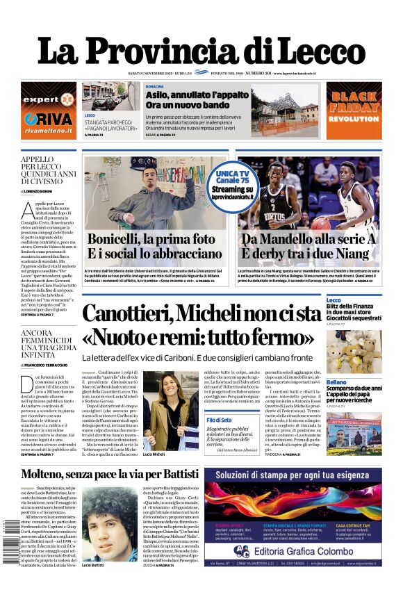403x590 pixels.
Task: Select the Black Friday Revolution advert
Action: (354, 110)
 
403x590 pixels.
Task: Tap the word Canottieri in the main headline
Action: (138, 313)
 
